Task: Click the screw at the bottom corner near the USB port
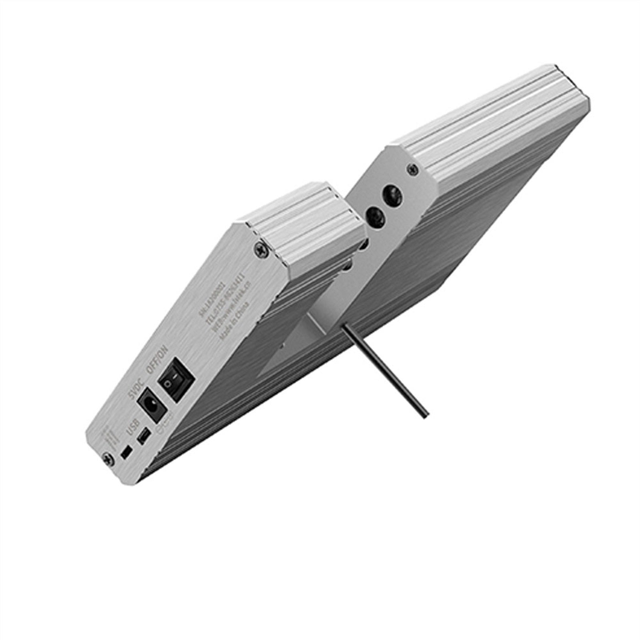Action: (x=107, y=459)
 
